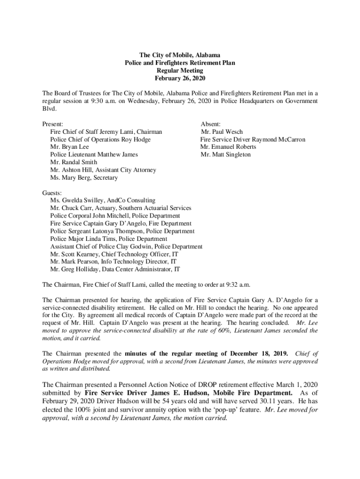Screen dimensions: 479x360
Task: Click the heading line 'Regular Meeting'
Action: [x=180, y=70]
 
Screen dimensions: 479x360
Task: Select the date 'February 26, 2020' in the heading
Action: [x=180, y=78]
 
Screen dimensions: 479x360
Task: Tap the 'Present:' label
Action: [x=53, y=124]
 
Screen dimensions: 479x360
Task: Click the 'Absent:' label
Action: [x=210, y=124]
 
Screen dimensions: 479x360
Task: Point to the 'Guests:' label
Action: [x=52, y=193]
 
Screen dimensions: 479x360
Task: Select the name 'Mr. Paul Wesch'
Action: [x=222, y=132]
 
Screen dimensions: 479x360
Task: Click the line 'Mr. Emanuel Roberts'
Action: [x=228, y=147]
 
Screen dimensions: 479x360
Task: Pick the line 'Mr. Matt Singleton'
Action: [x=226, y=154]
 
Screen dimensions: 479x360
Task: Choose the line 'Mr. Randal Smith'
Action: [x=74, y=162]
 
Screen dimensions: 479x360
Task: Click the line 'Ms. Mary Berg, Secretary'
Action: [x=84, y=178]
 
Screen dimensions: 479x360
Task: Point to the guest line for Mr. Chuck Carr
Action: [x=121, y=208]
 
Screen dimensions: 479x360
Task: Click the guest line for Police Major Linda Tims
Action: [x=102, y=239]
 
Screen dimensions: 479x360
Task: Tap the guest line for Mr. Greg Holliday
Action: [x=115, y=269]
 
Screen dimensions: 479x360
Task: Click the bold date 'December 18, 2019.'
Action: [x=264, y=352]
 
